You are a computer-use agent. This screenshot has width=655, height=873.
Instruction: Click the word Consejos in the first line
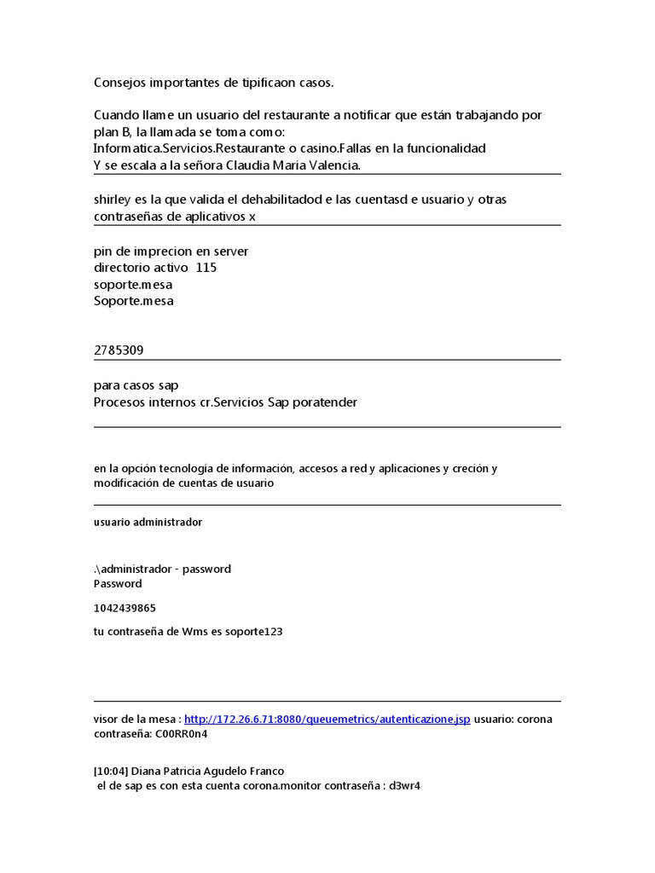tap(119, 82)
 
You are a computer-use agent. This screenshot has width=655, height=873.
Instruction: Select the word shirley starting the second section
tap(113, 199)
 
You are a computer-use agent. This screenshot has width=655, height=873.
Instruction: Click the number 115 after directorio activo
tap(206, 268)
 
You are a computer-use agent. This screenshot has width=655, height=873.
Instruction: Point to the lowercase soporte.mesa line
tap(133, 285)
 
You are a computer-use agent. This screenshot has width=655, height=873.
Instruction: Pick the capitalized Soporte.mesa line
tap(134, 301)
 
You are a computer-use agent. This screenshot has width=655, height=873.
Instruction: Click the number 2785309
tap(125, 351)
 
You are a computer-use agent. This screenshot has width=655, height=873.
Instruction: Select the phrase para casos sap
tap(136, 385)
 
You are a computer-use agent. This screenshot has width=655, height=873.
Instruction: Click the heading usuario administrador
tap(148, 522)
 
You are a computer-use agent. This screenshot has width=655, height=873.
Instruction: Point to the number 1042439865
tap(125, 608)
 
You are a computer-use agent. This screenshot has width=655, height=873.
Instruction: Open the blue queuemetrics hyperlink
tap(327, 719)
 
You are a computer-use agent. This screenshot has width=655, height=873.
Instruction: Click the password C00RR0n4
tap(181, 733)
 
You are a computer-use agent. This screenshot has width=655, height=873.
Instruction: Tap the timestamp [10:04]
tap(108, 772)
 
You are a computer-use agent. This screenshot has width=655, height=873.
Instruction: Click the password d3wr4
tap(405, 786)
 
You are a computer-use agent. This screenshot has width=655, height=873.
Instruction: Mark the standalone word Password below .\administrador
tap(118, 584)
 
